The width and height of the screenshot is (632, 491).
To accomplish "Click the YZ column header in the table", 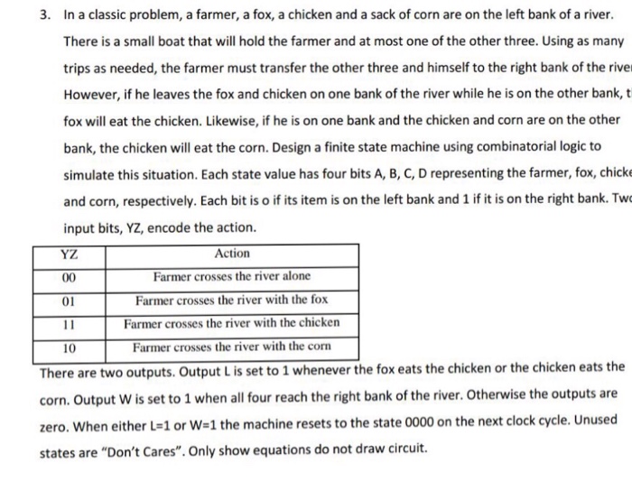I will pyautogui.click(x=68, y=254).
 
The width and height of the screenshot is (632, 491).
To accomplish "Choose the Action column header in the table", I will pyautogui.click(x=233, y=254).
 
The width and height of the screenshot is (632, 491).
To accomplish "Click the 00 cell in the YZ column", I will pyautogui.click(x=68, y=276).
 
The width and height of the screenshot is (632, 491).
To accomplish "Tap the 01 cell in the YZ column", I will pyautogui.click(x=68, y=299).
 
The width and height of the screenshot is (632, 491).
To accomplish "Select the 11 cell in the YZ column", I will pyautogui.click(x=68, y=322).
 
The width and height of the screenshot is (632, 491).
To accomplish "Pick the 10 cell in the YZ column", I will pyautogui.click(x=68, y=346).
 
